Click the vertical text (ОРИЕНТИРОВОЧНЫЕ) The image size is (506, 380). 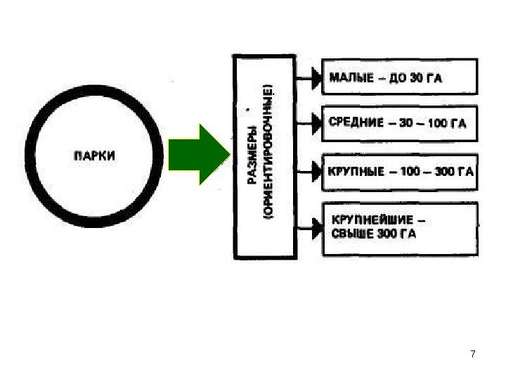(x=270, y=154)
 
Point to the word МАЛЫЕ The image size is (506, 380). (x=350, y=77)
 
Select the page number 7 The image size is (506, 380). (x=472, y=353)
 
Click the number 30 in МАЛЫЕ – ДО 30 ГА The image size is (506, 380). (x=415, y=77)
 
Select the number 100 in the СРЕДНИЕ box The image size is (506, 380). (x=436, y=123)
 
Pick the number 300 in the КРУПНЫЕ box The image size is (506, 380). (x=445, y=170)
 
